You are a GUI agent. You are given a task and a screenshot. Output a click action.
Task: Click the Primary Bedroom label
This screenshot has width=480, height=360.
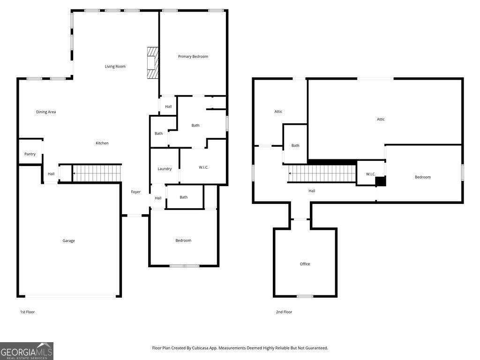coord(193,57)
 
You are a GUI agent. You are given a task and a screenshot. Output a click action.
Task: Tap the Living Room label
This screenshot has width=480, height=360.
coord(115,67)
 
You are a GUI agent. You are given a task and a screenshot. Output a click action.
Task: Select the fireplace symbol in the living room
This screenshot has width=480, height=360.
coord(153,64)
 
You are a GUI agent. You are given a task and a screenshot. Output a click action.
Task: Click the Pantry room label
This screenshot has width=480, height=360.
coord(30,154)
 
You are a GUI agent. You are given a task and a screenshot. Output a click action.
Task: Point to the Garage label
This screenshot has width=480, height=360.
coord(69,241)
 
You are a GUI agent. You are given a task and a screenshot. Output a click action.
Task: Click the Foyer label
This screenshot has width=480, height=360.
coord(135,192)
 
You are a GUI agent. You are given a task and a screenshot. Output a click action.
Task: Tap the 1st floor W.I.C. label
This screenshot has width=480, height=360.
coord(203,167)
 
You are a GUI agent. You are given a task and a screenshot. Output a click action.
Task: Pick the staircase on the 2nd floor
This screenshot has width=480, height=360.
coord(322,173)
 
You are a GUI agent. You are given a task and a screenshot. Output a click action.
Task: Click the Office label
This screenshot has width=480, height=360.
coord(305,264)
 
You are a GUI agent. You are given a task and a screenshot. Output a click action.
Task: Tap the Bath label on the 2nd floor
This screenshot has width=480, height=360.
coord(295,146)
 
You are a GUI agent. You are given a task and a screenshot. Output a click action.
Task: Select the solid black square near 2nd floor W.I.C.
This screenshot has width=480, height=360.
coord(380,181)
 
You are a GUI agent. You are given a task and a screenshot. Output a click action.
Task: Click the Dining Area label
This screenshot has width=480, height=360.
coord(46,112)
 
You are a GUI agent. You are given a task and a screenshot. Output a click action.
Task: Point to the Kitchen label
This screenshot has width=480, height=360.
coord(102,143)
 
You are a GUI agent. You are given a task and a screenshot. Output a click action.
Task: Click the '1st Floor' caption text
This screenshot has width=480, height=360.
coord(27,312)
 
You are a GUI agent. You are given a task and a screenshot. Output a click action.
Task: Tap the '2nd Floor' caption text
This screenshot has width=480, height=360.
coord(284,312)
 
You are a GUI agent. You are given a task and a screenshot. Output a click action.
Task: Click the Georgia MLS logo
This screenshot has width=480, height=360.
coord(27,351)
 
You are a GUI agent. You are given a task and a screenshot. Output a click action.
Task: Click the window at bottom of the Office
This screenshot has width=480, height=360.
coord(305,296)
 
